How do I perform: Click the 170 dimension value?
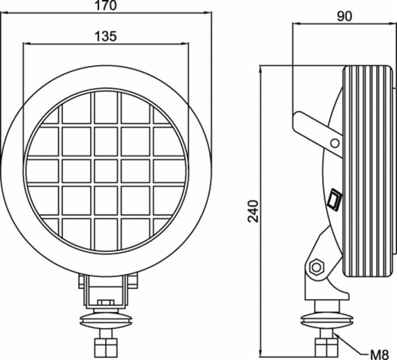105,7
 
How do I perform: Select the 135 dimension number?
105,37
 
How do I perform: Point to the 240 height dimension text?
254,211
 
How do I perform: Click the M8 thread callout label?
382,352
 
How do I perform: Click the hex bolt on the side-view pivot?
316,265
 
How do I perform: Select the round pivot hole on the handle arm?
335,142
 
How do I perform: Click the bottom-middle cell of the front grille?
105,233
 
